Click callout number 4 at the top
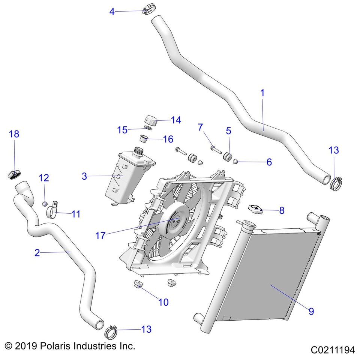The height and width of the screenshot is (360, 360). click(112, 12)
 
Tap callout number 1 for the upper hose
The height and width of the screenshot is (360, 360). click(262, 93)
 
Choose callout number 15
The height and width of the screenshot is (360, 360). click(122, 130)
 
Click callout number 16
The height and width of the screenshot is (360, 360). click(168, 139)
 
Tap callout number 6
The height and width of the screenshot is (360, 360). click(279, 162)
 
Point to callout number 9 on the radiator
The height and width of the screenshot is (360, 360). click(311, 311)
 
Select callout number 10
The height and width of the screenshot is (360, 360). click(163, 302)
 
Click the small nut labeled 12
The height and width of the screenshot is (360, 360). click(44, 204)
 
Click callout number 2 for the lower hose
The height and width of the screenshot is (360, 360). click(37, 253)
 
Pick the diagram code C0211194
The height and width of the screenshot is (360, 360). click(332, 350)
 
